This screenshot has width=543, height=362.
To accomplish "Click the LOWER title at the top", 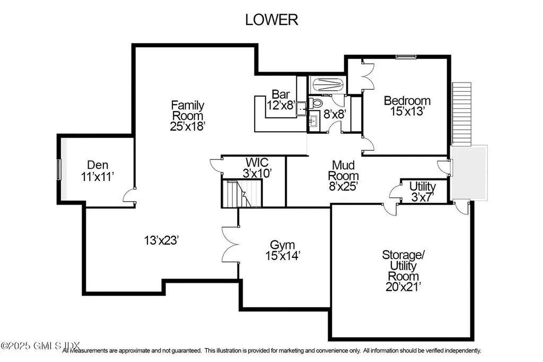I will click(271, 20).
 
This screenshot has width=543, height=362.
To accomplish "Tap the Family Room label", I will click(187, 110).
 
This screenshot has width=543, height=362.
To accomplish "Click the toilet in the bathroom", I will click(317, 102).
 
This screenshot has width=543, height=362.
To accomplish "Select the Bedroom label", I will click(407, 100).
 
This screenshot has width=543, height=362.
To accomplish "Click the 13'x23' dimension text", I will click(160, 240).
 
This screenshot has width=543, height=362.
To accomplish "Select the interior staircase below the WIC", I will click(242, 194).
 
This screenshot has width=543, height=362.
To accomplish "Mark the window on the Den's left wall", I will click(59, 169).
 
